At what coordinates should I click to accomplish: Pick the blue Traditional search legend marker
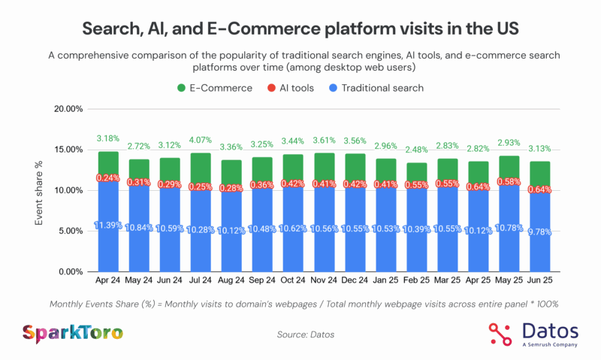tap(331, 88)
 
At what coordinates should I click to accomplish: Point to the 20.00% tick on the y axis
tap(65, 109)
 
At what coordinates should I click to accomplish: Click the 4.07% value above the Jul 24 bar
tap(201, 139)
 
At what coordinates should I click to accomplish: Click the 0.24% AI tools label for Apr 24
tap(108, 178)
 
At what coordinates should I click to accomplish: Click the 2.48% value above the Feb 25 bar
tap(416, 149)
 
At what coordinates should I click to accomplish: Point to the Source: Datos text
tap(300, 332)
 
